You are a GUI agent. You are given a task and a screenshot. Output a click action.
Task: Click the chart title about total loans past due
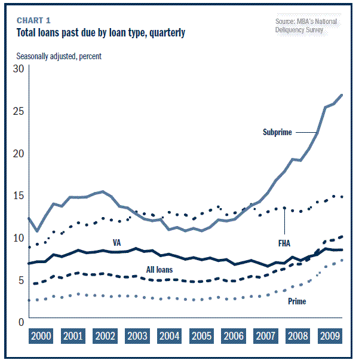pos(100,32)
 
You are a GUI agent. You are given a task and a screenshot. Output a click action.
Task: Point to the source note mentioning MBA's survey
pos(306,25)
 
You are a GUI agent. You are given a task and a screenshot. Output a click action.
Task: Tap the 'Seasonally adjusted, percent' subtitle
pos(59,56)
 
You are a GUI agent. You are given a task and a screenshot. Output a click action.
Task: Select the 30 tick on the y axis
pos(18,69)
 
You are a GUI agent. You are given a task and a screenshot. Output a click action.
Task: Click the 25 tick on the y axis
pos(18,111)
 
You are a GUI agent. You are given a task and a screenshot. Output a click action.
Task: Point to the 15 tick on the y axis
pos(18,196)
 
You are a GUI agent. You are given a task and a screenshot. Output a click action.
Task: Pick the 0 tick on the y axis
pos(20,322)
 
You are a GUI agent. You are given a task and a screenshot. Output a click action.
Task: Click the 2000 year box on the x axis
pos(41,336)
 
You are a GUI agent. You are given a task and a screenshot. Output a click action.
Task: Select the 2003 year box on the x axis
pos(137,336)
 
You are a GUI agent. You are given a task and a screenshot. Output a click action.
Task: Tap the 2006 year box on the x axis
pos(233,336)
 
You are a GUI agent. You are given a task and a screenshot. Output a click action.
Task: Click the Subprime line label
pos(277,132)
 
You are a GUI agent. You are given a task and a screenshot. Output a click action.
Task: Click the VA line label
pos(117,243)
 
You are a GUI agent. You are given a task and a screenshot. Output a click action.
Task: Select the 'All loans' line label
pos(159,270)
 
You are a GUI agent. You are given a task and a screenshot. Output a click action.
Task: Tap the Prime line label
pos(297,301)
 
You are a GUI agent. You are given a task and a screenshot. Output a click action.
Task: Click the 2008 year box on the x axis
pos(297,336)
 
